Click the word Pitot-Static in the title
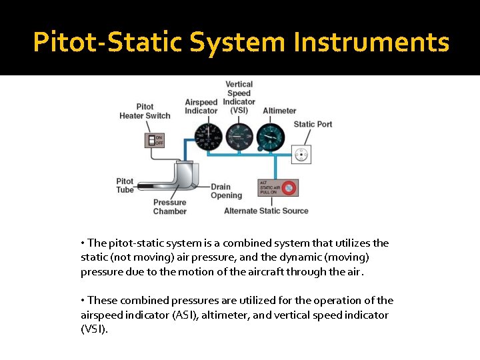click(108, 43)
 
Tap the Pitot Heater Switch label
click(145, 111)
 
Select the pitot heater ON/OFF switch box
click(155, 140)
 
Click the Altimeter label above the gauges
click(279, 111)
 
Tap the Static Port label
click(313, 124)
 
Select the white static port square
click(301, 155)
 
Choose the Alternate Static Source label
click(266, 211)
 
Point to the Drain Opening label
click(226, 191)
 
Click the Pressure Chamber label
click(170, 207)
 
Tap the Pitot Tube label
click(125, 185)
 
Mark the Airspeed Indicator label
click(201, 107)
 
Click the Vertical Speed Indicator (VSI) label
click(239, 97)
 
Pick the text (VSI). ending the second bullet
click(93, 329)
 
